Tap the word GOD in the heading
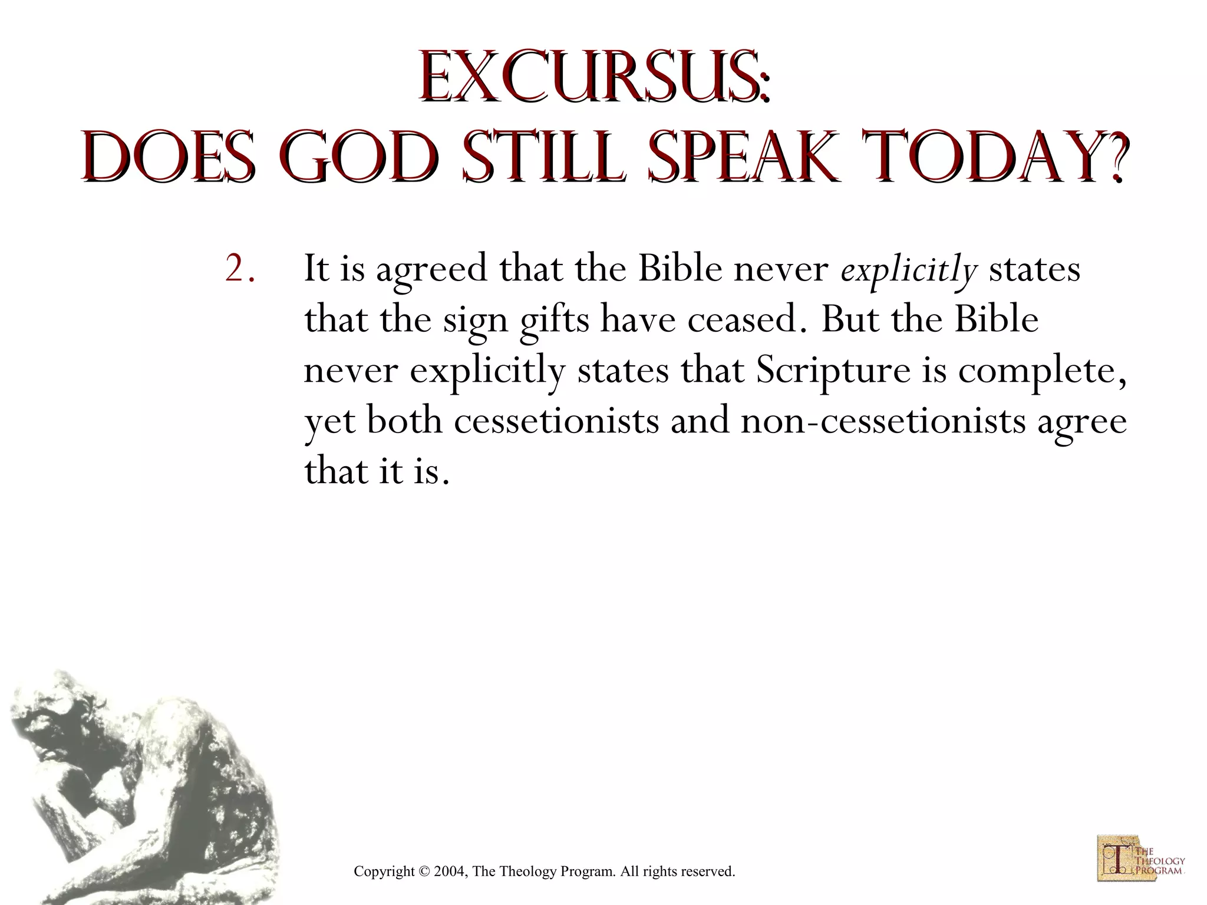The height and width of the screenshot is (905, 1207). pos(360,153)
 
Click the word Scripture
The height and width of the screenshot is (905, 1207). pos(833,371)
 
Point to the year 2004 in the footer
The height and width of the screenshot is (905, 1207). pos(450,871)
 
